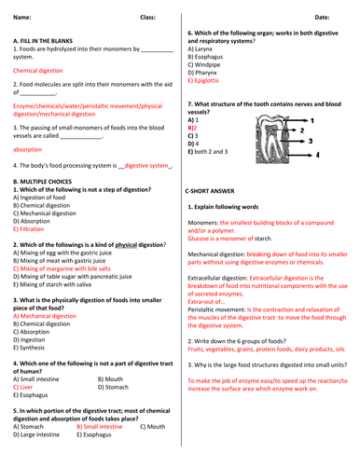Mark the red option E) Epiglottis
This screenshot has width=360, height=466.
(x=209, y=80)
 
